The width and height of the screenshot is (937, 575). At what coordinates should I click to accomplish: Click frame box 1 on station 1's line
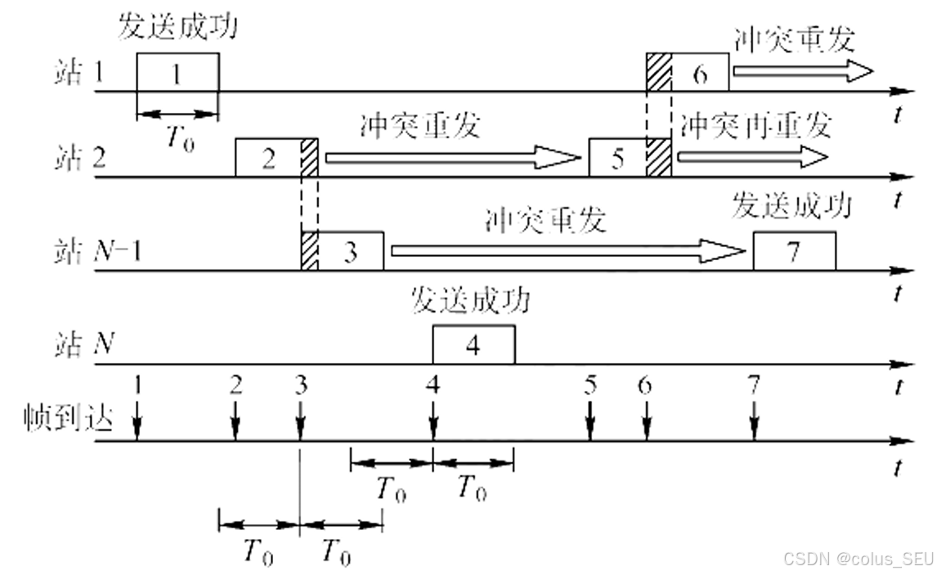177,72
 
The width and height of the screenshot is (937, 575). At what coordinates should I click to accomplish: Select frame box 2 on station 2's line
268,158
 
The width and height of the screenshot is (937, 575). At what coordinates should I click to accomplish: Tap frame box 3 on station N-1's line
350,251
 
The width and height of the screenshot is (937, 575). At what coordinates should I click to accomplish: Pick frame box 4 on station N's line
473,344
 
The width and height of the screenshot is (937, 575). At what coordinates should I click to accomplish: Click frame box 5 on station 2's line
617,158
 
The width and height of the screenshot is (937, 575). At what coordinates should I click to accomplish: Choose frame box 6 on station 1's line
699,72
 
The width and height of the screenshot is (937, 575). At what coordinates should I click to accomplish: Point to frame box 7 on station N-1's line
794,251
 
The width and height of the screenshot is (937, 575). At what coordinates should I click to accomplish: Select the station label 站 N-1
92,253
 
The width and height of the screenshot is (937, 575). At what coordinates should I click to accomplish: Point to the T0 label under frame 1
180,137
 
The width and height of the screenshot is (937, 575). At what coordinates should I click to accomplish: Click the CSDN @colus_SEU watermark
858,558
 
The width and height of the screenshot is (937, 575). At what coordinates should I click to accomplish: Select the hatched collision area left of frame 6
658,72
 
